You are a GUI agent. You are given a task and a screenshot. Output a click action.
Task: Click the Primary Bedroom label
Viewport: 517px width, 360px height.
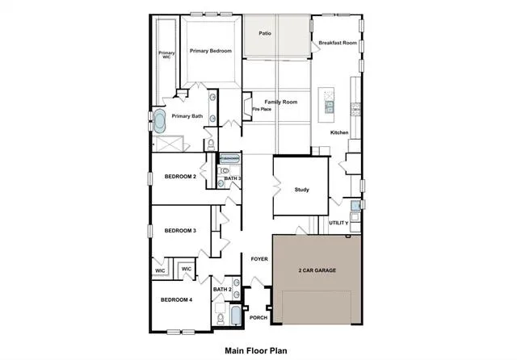[211, 51]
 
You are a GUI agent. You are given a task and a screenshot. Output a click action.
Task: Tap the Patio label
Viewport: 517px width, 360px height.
[265, 33]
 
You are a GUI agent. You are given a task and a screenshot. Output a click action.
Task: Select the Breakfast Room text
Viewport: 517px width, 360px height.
[338, 43]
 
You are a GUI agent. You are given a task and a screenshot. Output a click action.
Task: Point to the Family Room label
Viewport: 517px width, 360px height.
[281, 102]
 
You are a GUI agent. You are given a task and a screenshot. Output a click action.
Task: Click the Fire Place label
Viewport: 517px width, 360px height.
[262, 109]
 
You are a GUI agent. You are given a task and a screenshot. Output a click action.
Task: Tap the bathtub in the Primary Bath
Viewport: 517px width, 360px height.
[160, 121]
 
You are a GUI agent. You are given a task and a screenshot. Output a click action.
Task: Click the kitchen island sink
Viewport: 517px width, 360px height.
[329, 107]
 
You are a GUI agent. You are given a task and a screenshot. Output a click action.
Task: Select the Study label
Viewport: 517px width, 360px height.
[301, 190]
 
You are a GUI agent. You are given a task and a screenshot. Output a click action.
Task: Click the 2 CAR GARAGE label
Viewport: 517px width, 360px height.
[317, 270]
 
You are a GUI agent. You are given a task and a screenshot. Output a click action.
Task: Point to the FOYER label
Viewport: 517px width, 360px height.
[259, 259]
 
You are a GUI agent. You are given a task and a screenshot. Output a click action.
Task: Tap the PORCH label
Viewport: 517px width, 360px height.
[258, 318]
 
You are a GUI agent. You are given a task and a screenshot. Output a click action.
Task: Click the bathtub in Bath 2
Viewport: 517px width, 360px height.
[236, 316]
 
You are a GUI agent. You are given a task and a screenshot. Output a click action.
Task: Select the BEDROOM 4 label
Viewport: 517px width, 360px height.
[176, 300]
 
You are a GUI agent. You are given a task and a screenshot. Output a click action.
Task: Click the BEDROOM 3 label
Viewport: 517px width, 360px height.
[180, 231]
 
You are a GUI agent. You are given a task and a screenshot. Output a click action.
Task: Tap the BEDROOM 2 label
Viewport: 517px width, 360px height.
[180, 177]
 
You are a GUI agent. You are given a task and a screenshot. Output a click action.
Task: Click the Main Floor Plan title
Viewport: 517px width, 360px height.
[256, 351]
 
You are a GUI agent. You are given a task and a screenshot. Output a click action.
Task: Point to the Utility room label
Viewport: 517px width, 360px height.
[338, 223]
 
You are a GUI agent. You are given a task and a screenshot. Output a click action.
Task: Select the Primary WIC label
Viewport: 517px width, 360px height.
[166, 55]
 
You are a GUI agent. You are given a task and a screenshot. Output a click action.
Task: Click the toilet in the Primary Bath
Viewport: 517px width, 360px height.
[211, 144]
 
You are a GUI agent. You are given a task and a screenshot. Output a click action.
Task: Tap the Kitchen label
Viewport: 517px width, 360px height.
[339, 132]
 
